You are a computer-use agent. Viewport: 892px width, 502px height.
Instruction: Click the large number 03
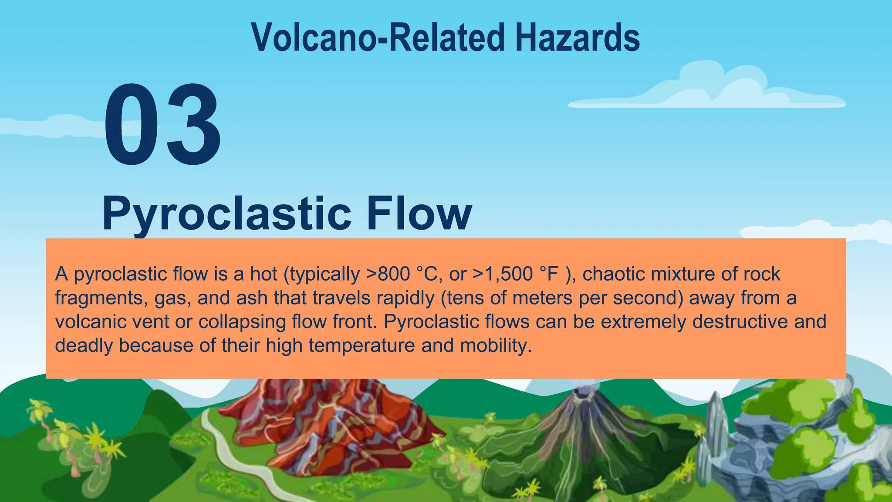point(162,125)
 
